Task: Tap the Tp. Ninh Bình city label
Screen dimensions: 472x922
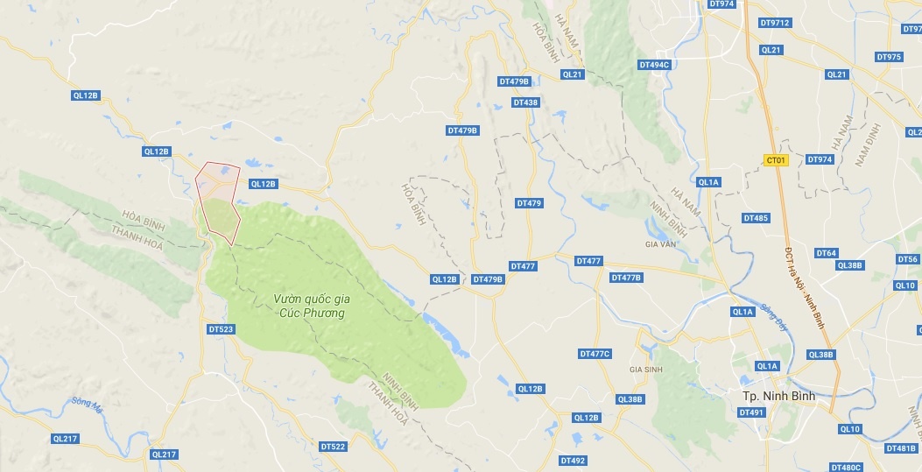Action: click(x=773, y=396)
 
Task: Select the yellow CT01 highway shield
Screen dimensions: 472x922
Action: click(x=776, y=160)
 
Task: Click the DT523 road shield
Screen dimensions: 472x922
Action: click(x=222, y=329)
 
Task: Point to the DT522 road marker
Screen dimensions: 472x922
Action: click(x=333, y=447)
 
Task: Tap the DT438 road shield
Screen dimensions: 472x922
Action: click(x=525, y=102)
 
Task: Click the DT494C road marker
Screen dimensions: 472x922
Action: click(x=654, y=65)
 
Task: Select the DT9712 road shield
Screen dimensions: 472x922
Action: click(x=775, y=23)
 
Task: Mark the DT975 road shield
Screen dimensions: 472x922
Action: click(x=888, y=57)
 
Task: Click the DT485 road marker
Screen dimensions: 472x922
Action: click(x=756, y=218)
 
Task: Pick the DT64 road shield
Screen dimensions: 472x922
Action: click(x=827, y=253)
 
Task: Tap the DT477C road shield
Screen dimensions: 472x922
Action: click(x=595, y=354)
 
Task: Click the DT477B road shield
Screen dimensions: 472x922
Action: click(x=626, y=278)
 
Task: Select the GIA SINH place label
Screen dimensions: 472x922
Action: click(x=644, y=370)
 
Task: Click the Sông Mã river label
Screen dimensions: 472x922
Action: click(x=80, y=404)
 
